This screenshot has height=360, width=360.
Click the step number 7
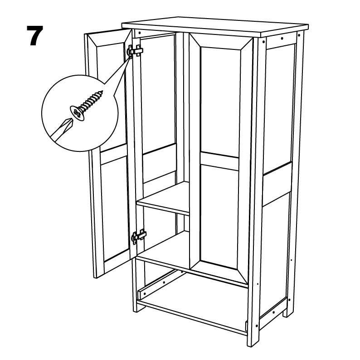[x=35, y=35]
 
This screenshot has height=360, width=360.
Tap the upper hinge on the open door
[x=136, y=50]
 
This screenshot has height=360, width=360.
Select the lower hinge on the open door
[x=139, y=236]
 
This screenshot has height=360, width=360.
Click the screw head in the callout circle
[x=77, y=113]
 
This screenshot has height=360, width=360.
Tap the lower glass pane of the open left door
[x=115, y=211]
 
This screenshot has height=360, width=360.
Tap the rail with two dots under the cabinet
[x=159, y=284]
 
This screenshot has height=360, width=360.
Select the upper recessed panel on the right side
[x=278, y=108]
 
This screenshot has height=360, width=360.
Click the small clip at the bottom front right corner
[x=246, y=326]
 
